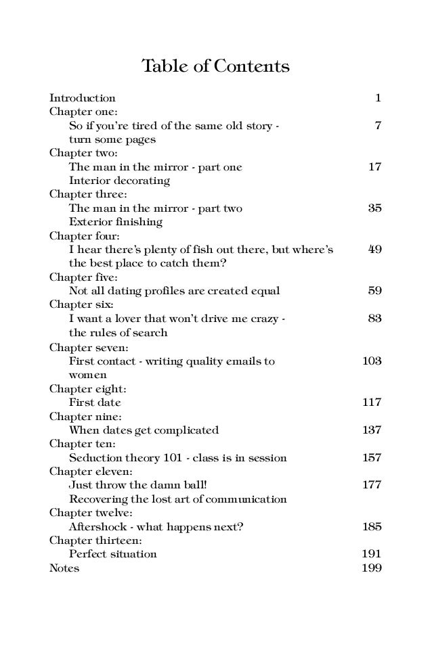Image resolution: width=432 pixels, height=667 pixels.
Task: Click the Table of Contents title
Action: tap(215, 67)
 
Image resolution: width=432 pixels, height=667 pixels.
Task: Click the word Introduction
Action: tap(82, 97)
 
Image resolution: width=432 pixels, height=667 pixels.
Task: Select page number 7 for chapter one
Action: tap(378, 126)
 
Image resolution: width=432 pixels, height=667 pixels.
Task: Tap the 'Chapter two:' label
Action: tap(79, 153)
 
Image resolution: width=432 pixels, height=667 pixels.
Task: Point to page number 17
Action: tap(374, 167)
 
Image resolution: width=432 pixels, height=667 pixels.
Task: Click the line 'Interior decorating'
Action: tap(119, 181)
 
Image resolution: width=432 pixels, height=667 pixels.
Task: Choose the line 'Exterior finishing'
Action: tap(115, 222)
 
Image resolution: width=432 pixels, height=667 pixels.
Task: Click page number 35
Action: tap(374, 208)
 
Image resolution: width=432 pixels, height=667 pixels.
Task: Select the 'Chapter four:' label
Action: tap(81, 236)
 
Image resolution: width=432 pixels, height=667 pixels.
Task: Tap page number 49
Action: tap(374, 250)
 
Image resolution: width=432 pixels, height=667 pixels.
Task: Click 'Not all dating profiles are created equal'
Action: tap(174, 291)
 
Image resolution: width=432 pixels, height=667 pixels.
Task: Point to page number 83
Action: tap(374, 319)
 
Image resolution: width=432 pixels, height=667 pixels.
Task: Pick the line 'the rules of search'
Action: tap(118, 333)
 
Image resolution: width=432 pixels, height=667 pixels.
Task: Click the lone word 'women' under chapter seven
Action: tap(88, 374)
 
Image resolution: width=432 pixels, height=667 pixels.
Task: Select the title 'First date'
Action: tap(95, 402)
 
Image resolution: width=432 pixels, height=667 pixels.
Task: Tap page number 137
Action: tap(372, 430)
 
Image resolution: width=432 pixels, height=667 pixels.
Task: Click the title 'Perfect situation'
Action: tap(112, 554)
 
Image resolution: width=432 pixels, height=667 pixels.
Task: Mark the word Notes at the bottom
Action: tap(64, 568)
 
